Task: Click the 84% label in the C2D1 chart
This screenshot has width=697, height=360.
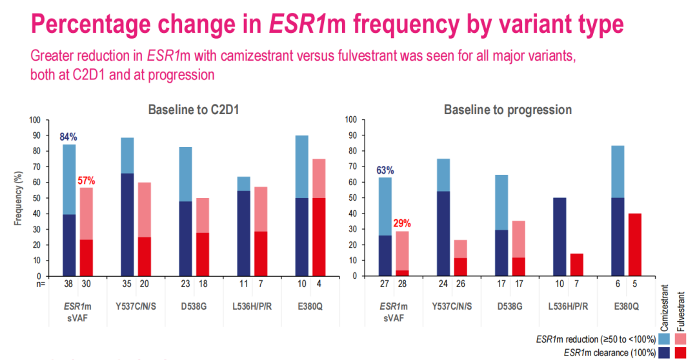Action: [68, 137]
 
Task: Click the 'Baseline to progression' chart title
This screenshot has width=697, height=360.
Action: [507, 110]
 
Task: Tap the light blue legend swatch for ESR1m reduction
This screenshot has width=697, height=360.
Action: [664, 339]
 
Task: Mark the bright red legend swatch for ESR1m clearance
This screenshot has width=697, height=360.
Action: [680, 352]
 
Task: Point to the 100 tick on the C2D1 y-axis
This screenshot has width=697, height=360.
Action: [35, 120]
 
